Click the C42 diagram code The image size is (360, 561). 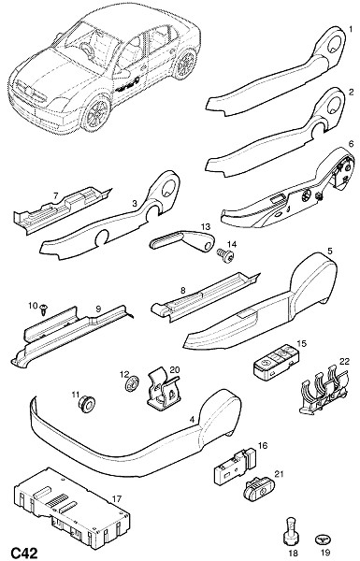point(24,553)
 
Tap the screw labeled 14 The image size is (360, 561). point(225,256)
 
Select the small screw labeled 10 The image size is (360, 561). point(44,309)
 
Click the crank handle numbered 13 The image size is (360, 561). point(181,240)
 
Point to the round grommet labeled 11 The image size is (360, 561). point(86,403)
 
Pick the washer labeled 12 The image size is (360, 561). point(132,385)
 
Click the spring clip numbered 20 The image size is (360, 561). point(164,390)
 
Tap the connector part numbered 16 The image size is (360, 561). point(235,465)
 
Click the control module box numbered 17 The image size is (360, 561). point(72,508)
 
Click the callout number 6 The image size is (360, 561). point(351,144)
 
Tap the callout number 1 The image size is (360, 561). point(351,27)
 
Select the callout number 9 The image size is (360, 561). point(98,309)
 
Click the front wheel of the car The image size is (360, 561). point(96,112)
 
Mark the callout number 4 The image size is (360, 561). point(192,419)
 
